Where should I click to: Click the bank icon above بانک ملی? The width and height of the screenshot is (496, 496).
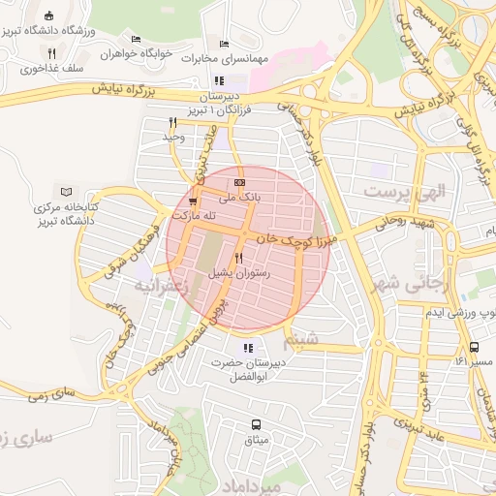pyautogui.click(x=239, y=183)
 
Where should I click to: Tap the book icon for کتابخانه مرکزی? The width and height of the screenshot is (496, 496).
pyautogui.click(x=66, y=193)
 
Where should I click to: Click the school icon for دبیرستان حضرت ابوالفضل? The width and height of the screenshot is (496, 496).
pyautogui.click(x=249, y=348)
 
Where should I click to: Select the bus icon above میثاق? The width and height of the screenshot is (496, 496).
pyautogui.click(x=256, y=425)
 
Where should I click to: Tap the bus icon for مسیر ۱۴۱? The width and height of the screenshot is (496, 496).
pyautogui.click(x=474, y=347)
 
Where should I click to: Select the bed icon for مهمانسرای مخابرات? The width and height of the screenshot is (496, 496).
pyautogui.click(x=225, y=44)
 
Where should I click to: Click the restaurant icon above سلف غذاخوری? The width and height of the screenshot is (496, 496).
pyautogui.click(x=51, y=54)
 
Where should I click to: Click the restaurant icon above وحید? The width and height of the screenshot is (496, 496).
pyautogui.click(x=172, y=122)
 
